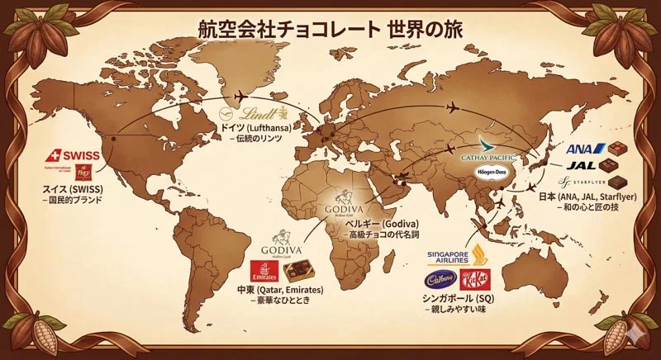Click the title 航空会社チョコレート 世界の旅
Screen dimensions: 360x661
tap(330, 26)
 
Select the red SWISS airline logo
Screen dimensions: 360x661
tap(76, 155)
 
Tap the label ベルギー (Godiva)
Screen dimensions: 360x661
tap(383, 224)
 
